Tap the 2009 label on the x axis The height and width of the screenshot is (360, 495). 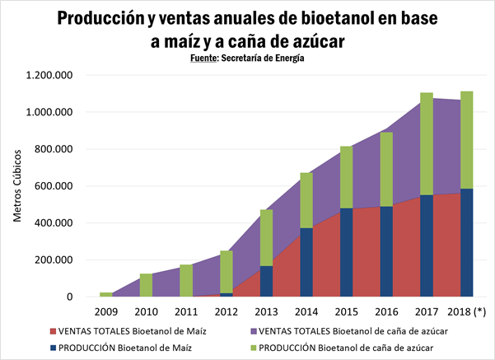coord(106,312)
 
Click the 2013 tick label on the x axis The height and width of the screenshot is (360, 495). coord(266,312)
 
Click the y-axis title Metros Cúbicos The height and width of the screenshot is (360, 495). coord(17,185)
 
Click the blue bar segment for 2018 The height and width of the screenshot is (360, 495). coord(467,242)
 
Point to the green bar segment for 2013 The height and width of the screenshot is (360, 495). coord(266,237)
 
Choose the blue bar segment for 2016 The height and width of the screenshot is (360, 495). coord(386,251)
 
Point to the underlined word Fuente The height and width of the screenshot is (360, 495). coord(202,58)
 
